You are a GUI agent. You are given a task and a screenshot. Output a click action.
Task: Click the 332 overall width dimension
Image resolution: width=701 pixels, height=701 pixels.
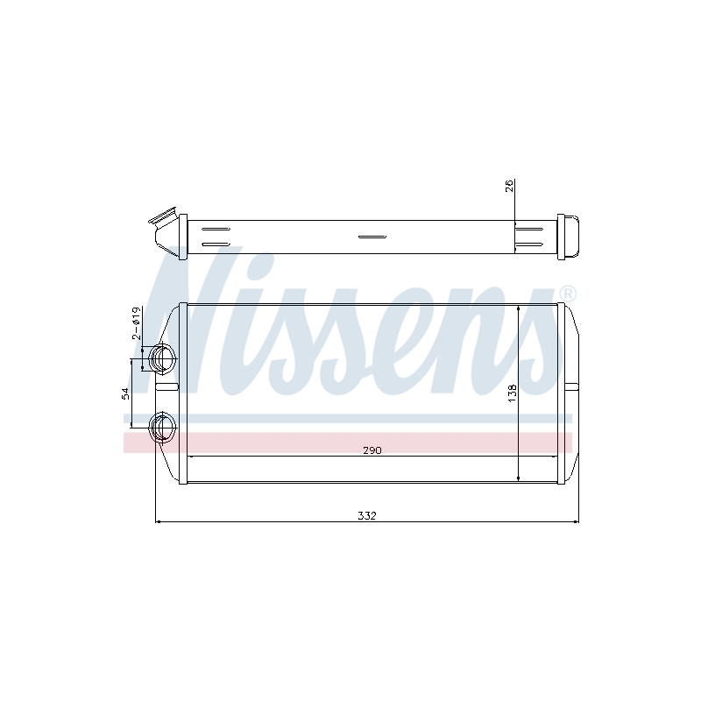click(x=367, y=515)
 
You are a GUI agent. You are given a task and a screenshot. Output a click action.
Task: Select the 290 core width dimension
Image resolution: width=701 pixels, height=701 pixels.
click(x=372, y=450)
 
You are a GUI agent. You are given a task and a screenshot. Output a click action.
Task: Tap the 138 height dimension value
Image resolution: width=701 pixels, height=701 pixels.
click(x=513, y=393)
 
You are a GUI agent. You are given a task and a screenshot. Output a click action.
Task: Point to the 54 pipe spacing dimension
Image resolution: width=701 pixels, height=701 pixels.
click(x=125, y=393)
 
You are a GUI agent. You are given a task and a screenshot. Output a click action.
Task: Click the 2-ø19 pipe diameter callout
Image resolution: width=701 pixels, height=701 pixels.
click(x=137, y=322)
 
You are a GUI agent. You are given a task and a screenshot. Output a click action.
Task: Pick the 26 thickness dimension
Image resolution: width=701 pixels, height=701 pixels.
click(x=510, y=186)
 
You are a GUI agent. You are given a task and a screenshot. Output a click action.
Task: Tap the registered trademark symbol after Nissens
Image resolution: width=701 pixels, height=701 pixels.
click(x=568, y=294)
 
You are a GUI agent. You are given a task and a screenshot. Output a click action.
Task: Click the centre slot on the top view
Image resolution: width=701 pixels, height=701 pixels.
click(x=372, y=237)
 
